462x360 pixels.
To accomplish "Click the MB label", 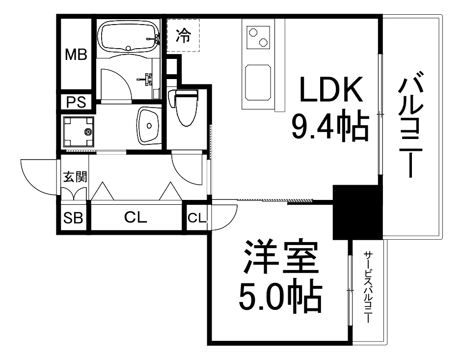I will [x=76, y=55].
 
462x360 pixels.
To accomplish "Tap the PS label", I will [x=76, y=102].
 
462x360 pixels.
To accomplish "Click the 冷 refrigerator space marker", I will [x=183, y=35].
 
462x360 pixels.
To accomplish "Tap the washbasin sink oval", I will [x=149, y=125].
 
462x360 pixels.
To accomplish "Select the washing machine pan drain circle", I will [x=89, y=132].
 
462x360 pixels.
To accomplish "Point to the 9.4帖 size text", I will [x=330, y=127].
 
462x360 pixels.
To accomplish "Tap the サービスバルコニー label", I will [x=368, y=287].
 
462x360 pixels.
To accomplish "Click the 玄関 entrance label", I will [x=75, y=176].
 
